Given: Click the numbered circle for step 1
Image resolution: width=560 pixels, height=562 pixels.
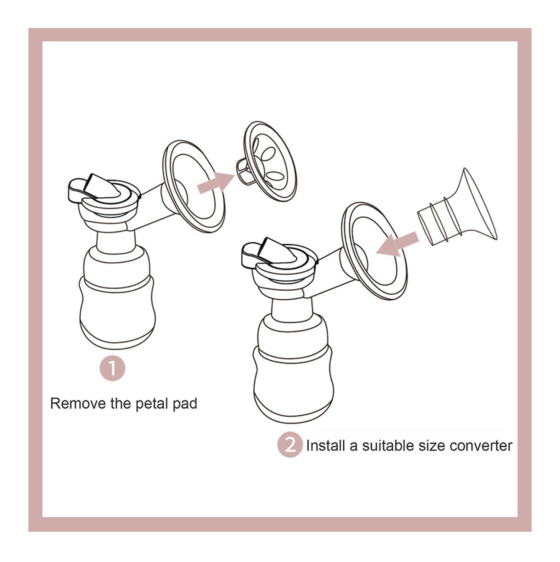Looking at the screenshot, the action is (x=112, y=368).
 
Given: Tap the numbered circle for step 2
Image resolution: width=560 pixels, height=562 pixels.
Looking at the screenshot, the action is (x=290, y=446).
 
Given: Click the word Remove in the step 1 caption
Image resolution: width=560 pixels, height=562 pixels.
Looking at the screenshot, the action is (x=78, y=404).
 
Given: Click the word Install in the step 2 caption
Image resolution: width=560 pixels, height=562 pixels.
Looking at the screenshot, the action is (x=326, y=446).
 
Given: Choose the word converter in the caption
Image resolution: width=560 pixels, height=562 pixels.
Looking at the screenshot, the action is (x=481, y=446).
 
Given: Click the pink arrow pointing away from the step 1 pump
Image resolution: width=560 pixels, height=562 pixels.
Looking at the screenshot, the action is (x=216, y=182).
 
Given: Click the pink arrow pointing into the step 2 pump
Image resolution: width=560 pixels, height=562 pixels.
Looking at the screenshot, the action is (x=398, y=243).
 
